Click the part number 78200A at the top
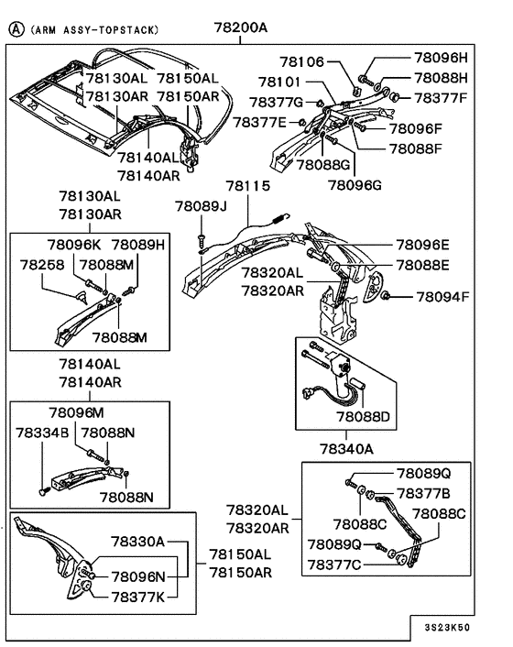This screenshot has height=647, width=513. tap(241, 27)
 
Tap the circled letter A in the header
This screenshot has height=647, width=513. tap(15, 28)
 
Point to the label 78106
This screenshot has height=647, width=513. tap(303, 62)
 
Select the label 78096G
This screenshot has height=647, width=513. tap(355, 184)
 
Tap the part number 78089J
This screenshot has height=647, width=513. tap(201, 206)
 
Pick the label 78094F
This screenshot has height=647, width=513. tap(442, 297)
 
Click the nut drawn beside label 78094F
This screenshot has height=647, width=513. tap(387, 295)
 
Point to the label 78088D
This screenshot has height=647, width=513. tap(363, 416)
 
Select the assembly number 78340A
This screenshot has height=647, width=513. tap(345, 449)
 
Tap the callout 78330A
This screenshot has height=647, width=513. tap(137, 542)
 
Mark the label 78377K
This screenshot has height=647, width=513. tap(137, 596)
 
